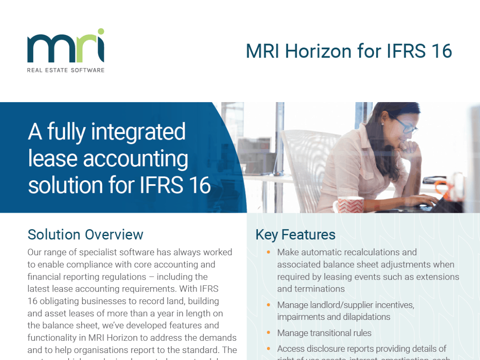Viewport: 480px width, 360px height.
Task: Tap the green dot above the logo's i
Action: [101, 31]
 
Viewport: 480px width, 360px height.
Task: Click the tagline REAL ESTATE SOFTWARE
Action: [65, 70]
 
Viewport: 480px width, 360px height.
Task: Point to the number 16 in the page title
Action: [440, 51]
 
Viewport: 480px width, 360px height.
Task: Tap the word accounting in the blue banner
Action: [136, 159]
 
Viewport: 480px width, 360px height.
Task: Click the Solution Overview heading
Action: [85, 234]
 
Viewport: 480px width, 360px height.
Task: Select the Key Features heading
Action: [295, 234]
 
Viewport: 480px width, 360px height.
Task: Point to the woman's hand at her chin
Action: [410, 146]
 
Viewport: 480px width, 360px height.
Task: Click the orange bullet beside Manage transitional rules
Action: [268, 333]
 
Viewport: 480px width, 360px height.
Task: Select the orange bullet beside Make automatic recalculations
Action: [268, 253]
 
